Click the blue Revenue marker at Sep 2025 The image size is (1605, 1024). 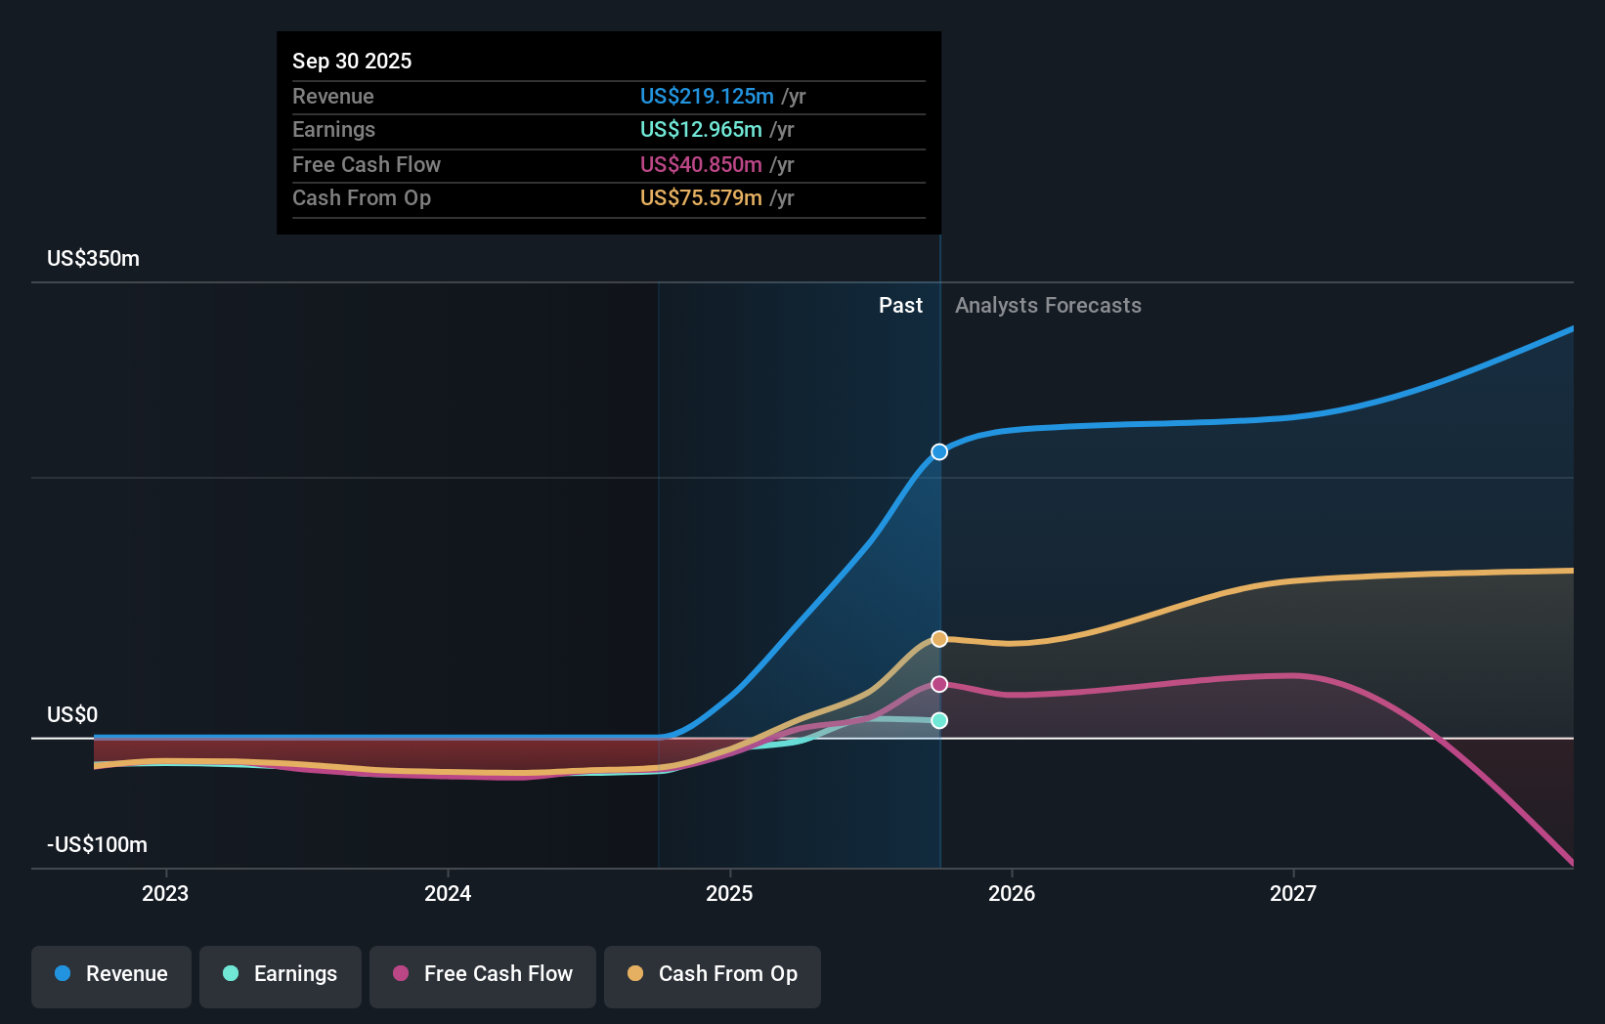click(939, 451)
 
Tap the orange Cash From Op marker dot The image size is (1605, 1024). click(939, 639)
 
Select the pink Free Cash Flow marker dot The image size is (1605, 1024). click(939, 684)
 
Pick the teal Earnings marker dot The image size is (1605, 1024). click(939, 720)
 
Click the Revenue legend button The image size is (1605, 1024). click(111, 974)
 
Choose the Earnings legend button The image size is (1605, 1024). click(281, 974)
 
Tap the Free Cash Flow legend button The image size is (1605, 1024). click(483, 974)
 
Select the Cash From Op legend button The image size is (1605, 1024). click(713, 974)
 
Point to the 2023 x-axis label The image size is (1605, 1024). click(165, 893)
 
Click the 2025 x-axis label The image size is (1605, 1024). click(729, 893)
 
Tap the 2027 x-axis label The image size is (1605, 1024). click(1292, 893)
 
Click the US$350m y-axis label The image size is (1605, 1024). click(94, 259)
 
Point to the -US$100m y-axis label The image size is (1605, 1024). click(98, 844)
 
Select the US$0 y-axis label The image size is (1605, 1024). click(72, 714)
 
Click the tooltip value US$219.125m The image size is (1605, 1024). click(707, 96)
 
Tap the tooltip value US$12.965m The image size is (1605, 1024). click(701, 129)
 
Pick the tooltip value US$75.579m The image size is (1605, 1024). click(701, 197)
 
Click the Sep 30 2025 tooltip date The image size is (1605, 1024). click(352, 61)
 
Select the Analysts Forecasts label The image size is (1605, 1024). click(1048, 305)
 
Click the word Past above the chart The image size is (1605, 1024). click(900, 305)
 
